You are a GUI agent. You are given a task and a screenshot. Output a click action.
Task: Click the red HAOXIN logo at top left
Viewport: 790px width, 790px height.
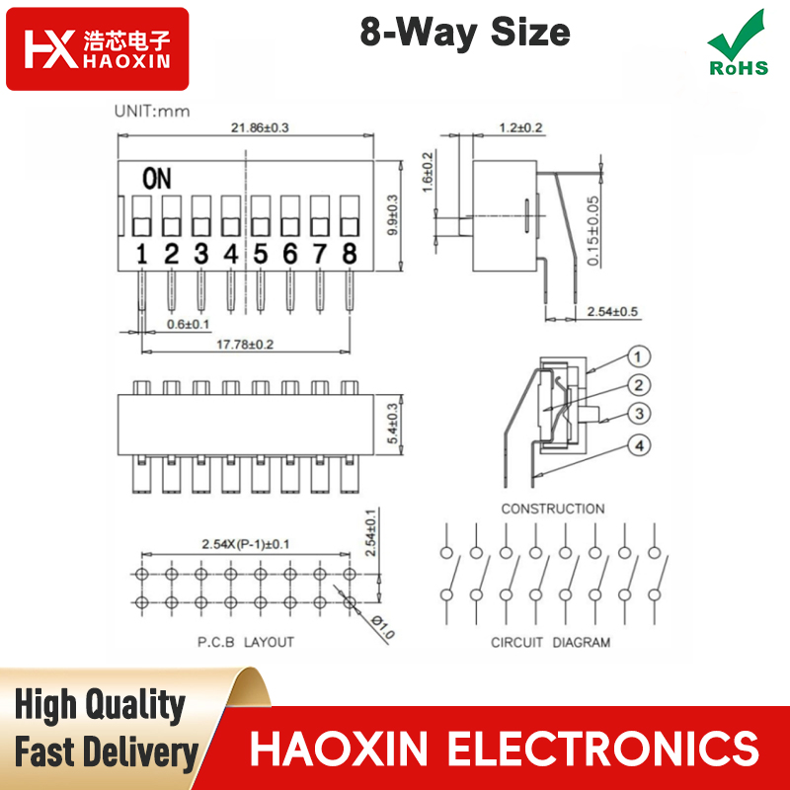(97, 48)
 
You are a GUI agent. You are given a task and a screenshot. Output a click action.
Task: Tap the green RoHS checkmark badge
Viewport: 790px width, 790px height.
(739, 43)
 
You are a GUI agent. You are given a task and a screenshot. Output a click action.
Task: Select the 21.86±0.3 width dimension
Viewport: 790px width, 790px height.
(260, 127)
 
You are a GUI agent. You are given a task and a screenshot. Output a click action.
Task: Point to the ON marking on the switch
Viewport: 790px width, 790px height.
(157, 179)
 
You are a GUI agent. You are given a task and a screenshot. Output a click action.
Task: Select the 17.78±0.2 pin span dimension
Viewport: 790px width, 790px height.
(245, 345)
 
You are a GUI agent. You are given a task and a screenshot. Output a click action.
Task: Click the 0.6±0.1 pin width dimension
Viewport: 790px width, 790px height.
(188, 324)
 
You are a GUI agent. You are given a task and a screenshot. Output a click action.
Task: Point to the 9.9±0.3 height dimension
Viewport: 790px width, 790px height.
(393, 215)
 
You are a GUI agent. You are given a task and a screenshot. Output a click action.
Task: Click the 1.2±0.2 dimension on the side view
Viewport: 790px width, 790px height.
(521, 127)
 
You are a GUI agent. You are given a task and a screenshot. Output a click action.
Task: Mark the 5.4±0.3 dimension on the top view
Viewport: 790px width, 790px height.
(393, 424)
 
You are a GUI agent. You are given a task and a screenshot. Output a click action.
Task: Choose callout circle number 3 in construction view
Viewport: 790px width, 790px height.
(639, 414)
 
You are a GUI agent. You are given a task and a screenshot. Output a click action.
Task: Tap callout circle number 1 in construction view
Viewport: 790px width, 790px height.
(638, 356)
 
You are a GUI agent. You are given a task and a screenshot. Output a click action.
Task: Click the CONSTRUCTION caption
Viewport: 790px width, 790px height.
(553, 509)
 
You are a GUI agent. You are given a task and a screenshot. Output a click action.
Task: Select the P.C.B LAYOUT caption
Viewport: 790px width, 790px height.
(245, 642)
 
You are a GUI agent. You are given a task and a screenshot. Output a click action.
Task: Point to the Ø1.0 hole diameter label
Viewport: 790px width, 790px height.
(383, 626)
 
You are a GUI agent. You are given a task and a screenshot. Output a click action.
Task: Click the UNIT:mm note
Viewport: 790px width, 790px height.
(152, 112)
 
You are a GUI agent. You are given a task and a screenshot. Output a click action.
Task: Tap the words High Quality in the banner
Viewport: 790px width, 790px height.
(100, 705)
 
